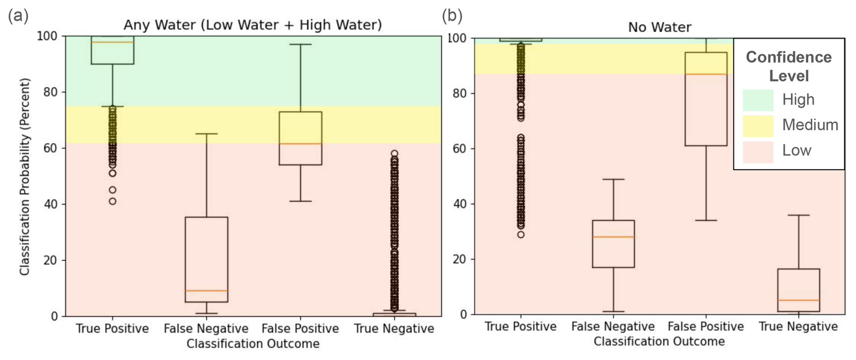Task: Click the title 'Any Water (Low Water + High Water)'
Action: pyautogui.click(x=252, y=24)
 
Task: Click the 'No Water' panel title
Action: pyautogui.click(x=659, y=27)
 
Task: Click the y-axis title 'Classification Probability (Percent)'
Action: pyautogui.click(x=24, y=176)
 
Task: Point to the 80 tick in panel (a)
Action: pyautogui.click(x=50, y=92)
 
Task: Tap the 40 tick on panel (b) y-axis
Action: pyautogui.click(x=459, y=204)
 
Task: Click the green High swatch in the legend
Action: pyautogui.click(x=757, y=100)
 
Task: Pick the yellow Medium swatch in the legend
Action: pyautogui.click(x=757, y=125)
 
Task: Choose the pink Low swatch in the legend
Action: pyautogui.click(x=757, y=151)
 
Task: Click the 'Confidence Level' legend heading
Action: pyautogui.click(x=789, y=66)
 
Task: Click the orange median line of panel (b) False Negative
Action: pyautogui.click(x=613, y=237)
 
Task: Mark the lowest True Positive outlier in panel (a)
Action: pyautogui.click(x=113, y=201)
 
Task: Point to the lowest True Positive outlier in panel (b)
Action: pyautogui.click(x=521, y=235)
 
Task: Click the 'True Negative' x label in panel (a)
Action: pyautogui.click(x=394, y=328)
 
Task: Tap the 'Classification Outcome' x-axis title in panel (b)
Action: pyautogui.click(x=659, y=341)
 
